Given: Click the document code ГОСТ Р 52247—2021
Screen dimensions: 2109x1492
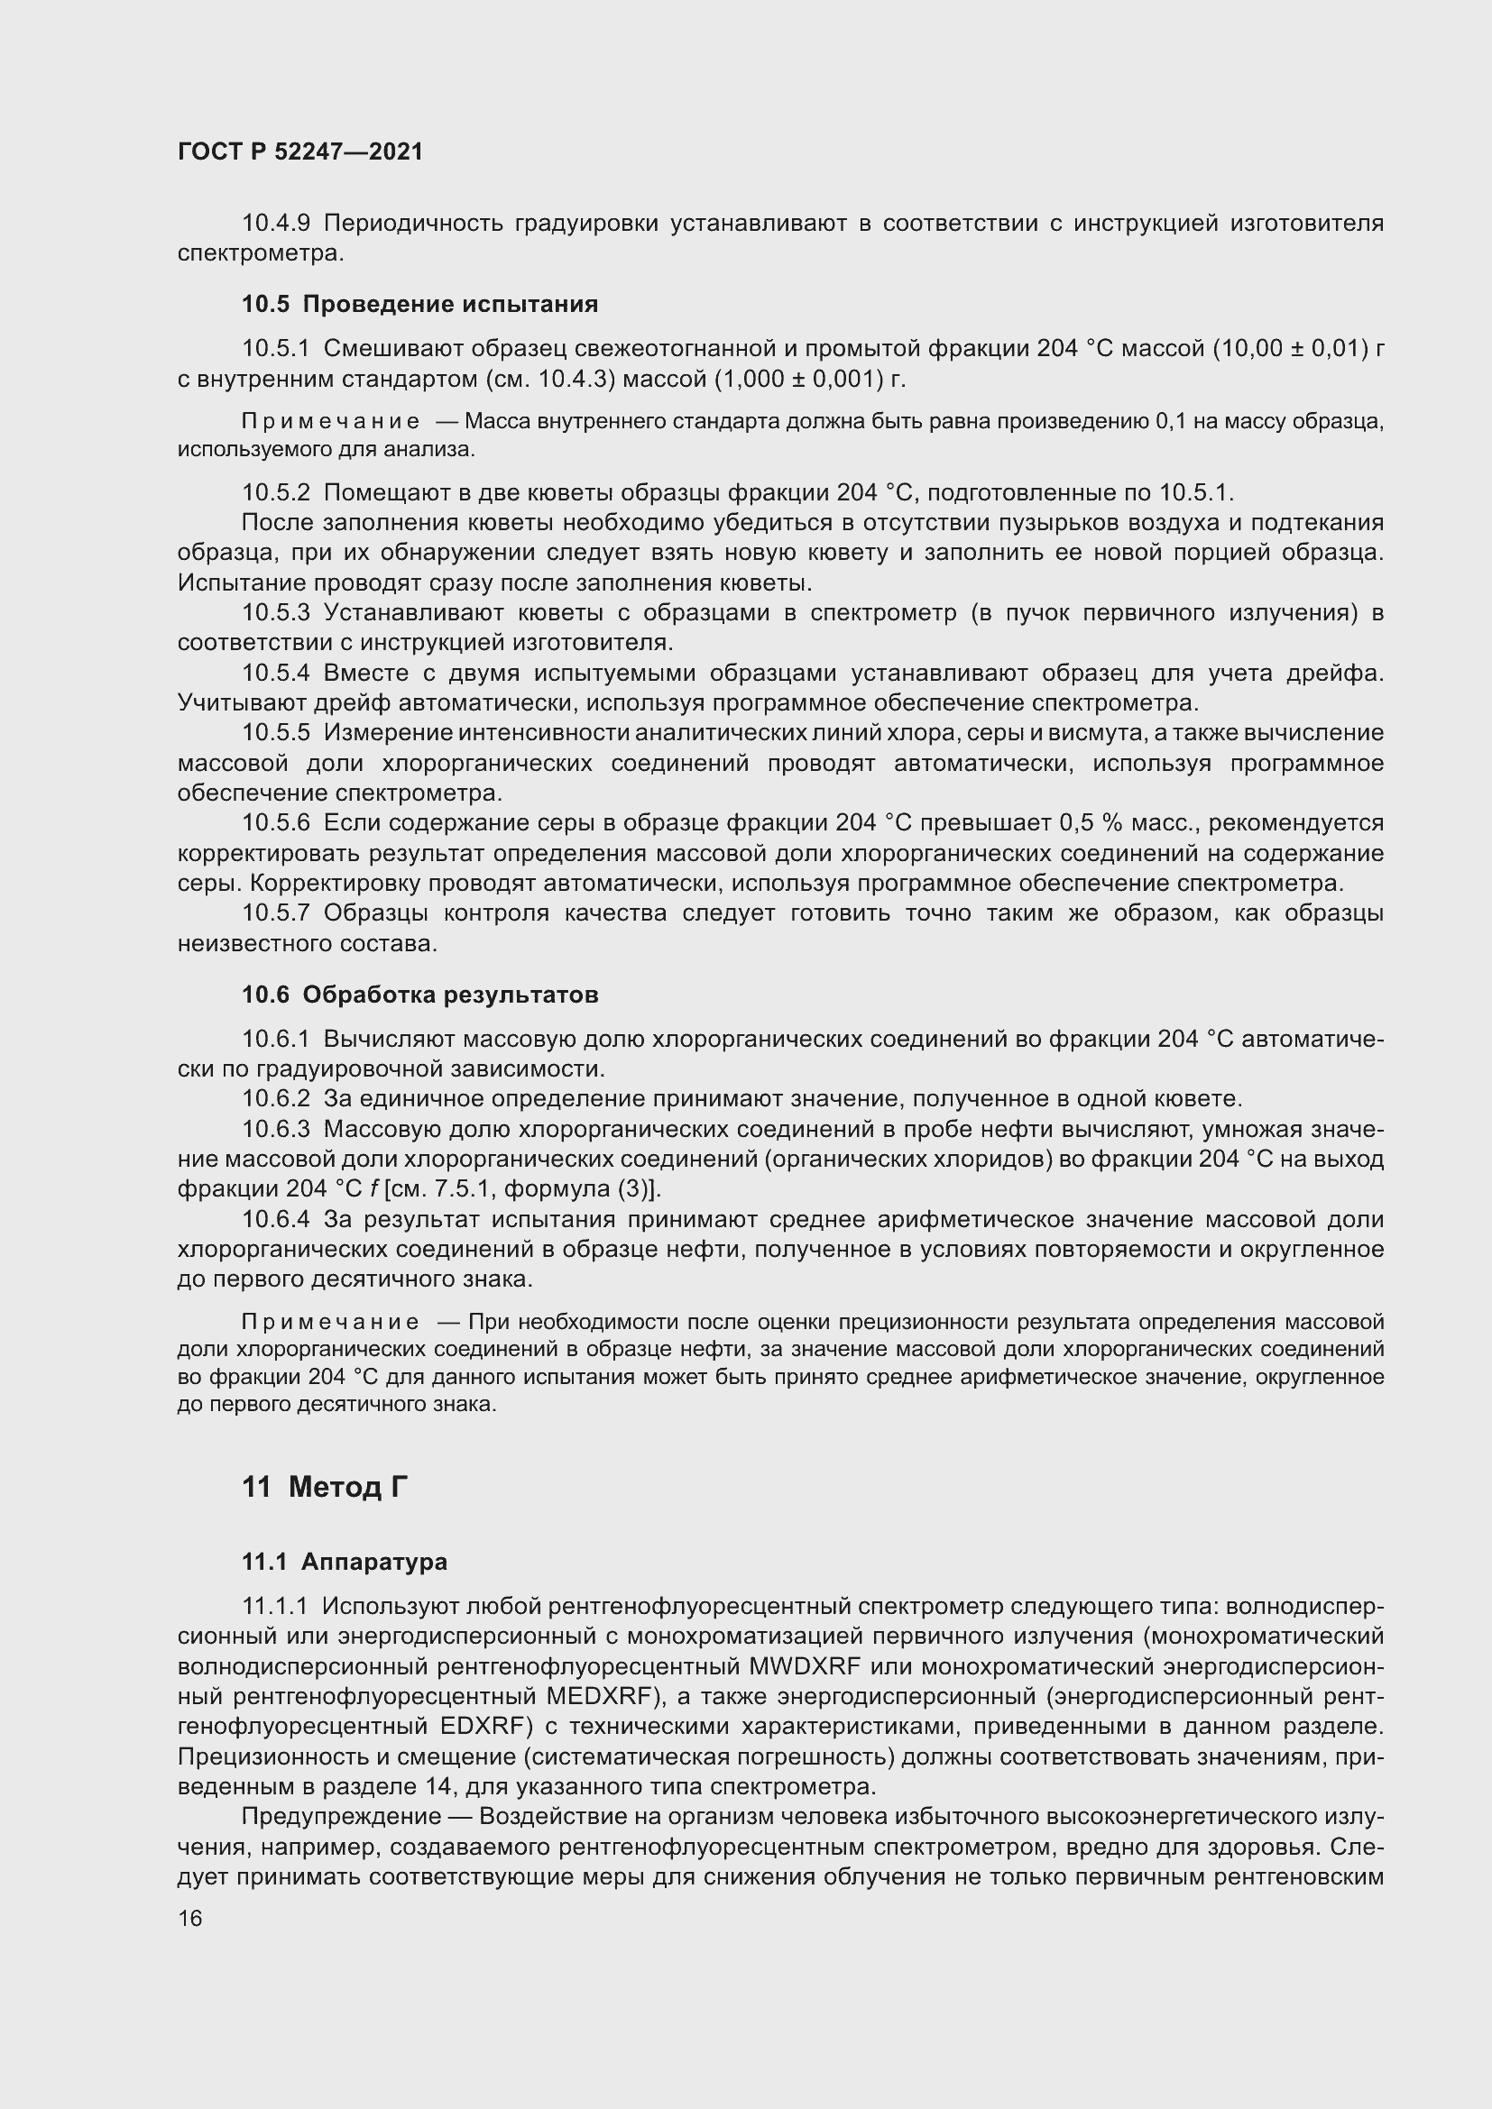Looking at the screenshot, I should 300,152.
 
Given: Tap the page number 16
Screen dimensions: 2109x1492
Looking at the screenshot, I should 190,1918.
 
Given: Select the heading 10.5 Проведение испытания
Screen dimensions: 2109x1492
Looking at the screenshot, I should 419,304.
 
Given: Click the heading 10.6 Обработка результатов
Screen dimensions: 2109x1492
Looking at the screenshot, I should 419,995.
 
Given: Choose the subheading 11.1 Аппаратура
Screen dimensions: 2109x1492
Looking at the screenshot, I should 345,1562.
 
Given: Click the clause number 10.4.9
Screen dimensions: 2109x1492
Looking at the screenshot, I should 276,224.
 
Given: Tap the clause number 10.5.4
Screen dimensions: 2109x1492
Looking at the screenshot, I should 276,674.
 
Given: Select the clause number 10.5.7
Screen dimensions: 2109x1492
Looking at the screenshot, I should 276,914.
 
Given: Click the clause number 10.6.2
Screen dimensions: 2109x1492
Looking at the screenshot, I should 276,1098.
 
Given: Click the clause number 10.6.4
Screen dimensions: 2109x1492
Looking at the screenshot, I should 276,1220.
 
